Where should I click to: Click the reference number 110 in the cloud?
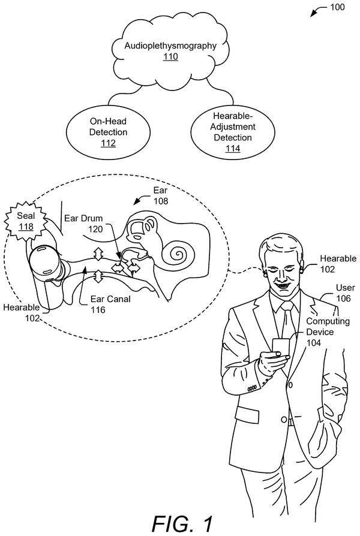click(170, 56)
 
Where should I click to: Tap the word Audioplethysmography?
click(170, 46)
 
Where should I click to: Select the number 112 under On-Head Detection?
click(108, 143)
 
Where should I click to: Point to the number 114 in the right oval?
click(233, 148)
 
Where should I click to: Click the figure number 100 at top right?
click(337, 7)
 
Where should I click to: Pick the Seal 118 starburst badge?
click(26, 221)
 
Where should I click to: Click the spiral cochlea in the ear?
click(179, 254)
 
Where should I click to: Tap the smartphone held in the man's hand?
click(281, 348)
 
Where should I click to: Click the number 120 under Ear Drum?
click(95, 229)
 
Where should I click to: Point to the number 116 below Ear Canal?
click(98, 310)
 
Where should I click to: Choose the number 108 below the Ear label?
click(161, 201)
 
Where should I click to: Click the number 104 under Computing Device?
click(313, 343)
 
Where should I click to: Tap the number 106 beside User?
click(344, 299)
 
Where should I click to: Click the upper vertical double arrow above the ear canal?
click(98, 254)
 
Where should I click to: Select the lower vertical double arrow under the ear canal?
click(98, 276)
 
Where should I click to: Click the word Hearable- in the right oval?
click(233, 116)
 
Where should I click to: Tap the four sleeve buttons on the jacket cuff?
click(252, 388)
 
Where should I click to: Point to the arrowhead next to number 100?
click(313, 14)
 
